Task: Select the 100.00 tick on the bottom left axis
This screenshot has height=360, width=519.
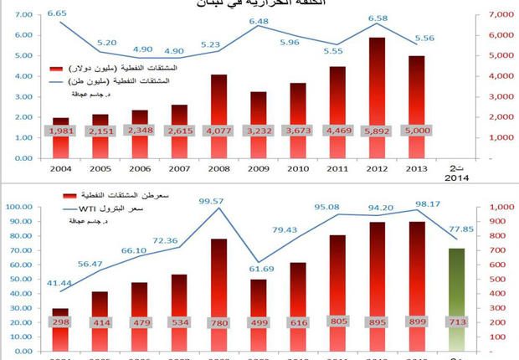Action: [x=20, y=206]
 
